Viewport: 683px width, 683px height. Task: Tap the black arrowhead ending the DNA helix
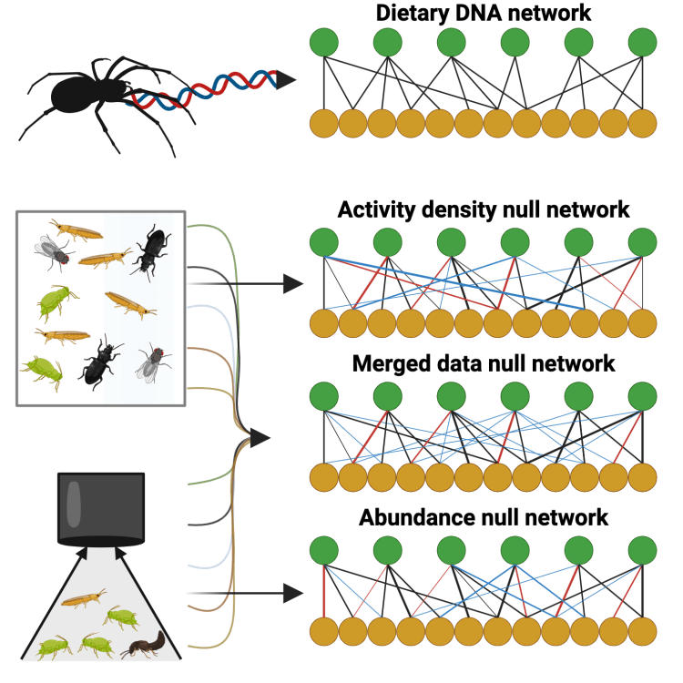285,80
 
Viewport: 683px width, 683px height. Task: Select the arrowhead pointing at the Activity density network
292,284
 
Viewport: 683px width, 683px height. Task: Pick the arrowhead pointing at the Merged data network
260,439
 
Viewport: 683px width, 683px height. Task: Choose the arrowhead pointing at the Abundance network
292,594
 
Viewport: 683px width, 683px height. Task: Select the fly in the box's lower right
152,363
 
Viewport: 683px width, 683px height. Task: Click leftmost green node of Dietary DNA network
323,42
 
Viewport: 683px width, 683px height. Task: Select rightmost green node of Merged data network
642,397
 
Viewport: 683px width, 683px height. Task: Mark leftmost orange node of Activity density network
323,322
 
